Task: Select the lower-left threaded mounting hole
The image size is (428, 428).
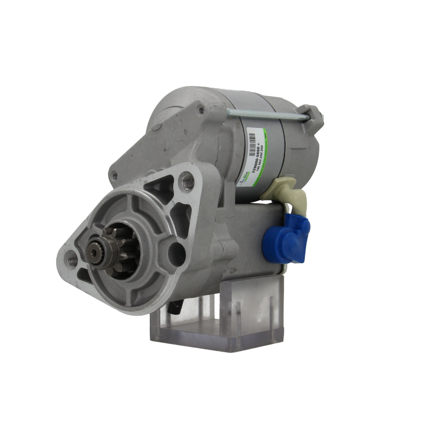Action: point(72,259)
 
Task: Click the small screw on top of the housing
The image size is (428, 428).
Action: point(202,111)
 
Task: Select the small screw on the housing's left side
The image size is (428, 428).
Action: point(114,172)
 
